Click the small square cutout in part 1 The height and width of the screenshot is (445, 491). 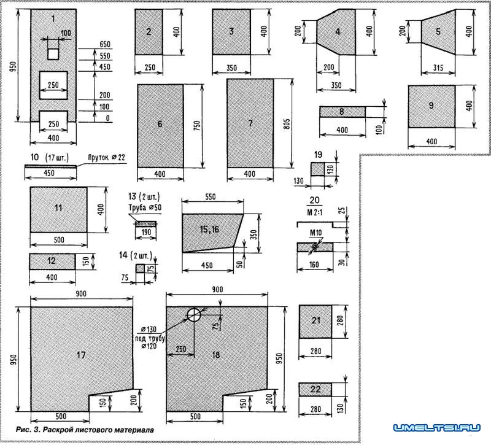(53, 54)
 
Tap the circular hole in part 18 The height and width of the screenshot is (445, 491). (194, 315)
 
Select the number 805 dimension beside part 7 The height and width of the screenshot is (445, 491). (287, 125)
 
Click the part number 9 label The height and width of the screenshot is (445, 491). (431, 106)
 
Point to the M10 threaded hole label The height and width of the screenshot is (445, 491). (315, 233)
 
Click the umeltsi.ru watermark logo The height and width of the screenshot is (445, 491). (437, 428)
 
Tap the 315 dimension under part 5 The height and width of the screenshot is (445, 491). (438, 68)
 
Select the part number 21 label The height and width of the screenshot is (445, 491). (316, 320)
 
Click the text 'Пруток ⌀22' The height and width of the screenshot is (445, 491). (106, 157)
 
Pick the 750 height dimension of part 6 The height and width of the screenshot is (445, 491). (197, 126)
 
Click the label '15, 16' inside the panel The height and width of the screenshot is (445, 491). (209, 229)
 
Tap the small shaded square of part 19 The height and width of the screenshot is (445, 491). (317, 169)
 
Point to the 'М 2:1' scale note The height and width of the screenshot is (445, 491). (314, 212)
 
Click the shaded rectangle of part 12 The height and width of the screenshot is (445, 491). (52, 261)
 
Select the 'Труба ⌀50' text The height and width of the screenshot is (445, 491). (145, 207)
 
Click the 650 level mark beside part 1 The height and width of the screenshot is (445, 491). (105, 44)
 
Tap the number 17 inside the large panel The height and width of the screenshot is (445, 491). (81, 355)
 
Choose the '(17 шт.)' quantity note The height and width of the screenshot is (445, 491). (56, 157)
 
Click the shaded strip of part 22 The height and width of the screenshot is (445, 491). (315, 389)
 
